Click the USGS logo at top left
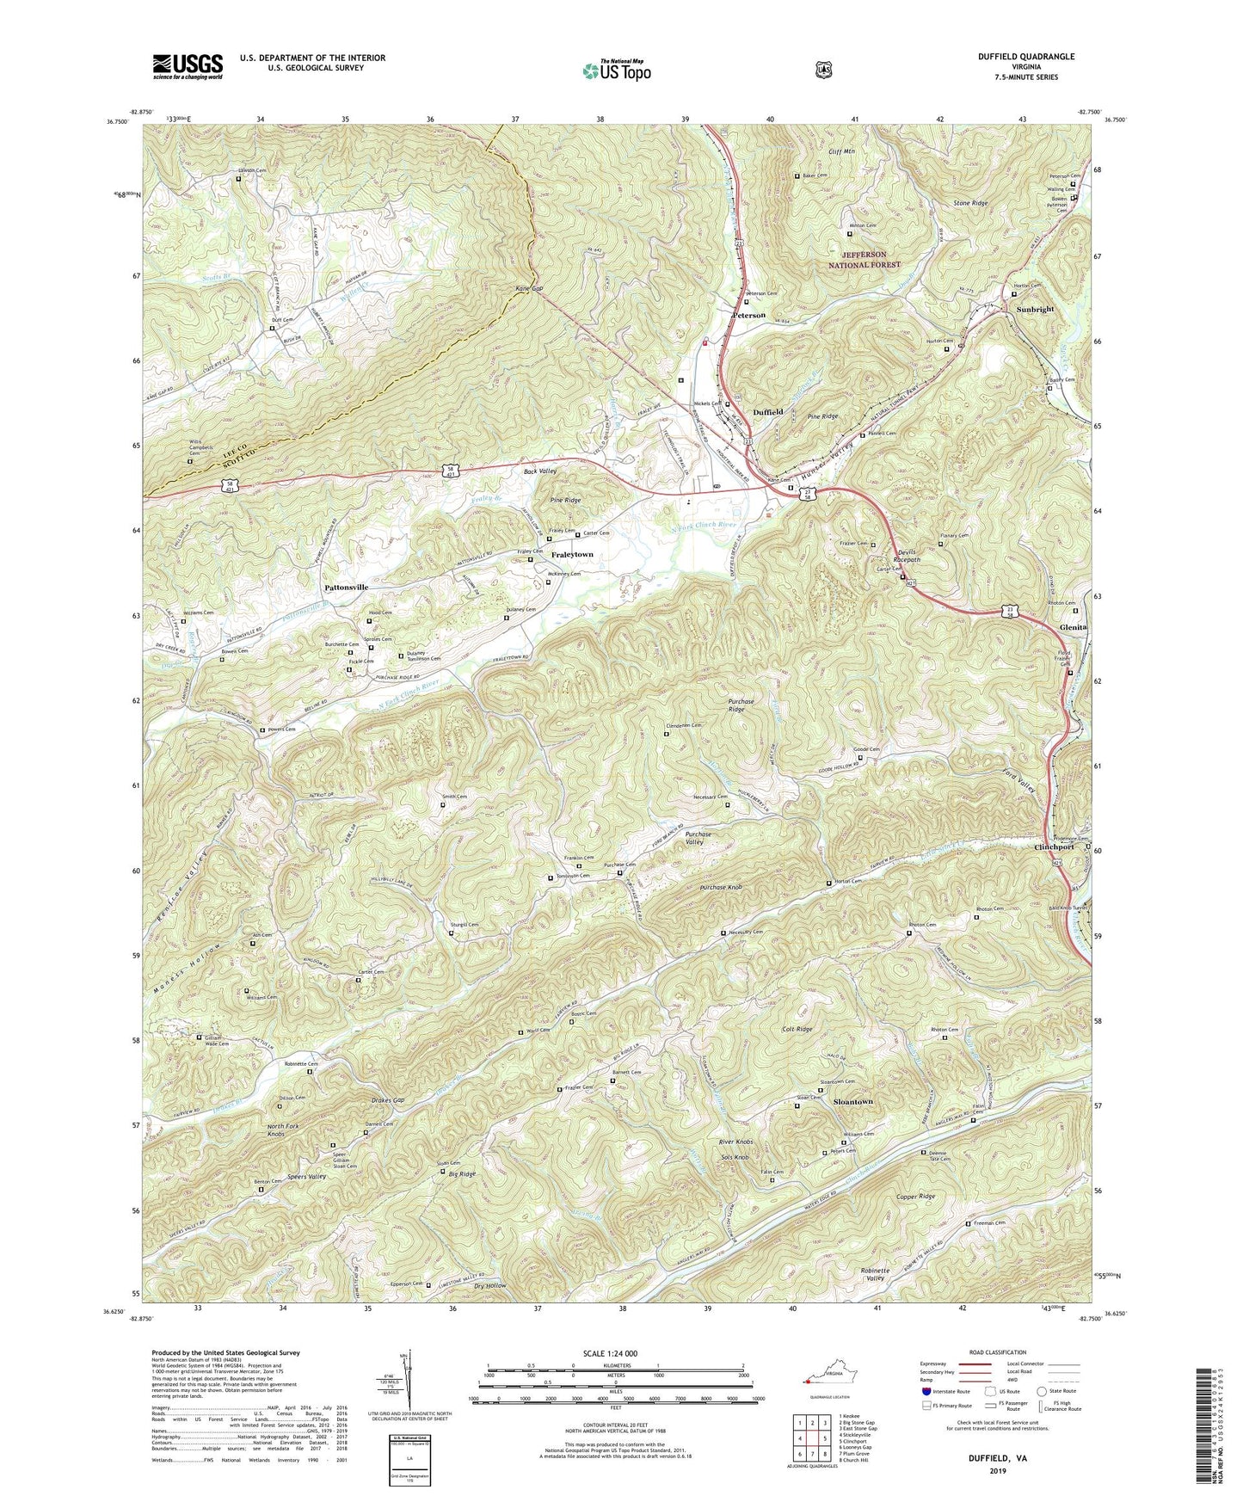pyautogui.click(x=188, y=66)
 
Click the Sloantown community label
pyautogui.click(x=852, y=1102)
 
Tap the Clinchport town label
pyautogui.click(x=1054, y=847)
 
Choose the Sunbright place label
pyautogui.click(x=1035, y=310)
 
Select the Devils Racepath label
pyautogui.click(x=901, y=555)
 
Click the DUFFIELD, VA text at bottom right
pyautogui.click(x=997, y=1459)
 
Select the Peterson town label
pyautogui.click(x=748, y=315)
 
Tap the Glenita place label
pyautogui.click(x=1074, y=627)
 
